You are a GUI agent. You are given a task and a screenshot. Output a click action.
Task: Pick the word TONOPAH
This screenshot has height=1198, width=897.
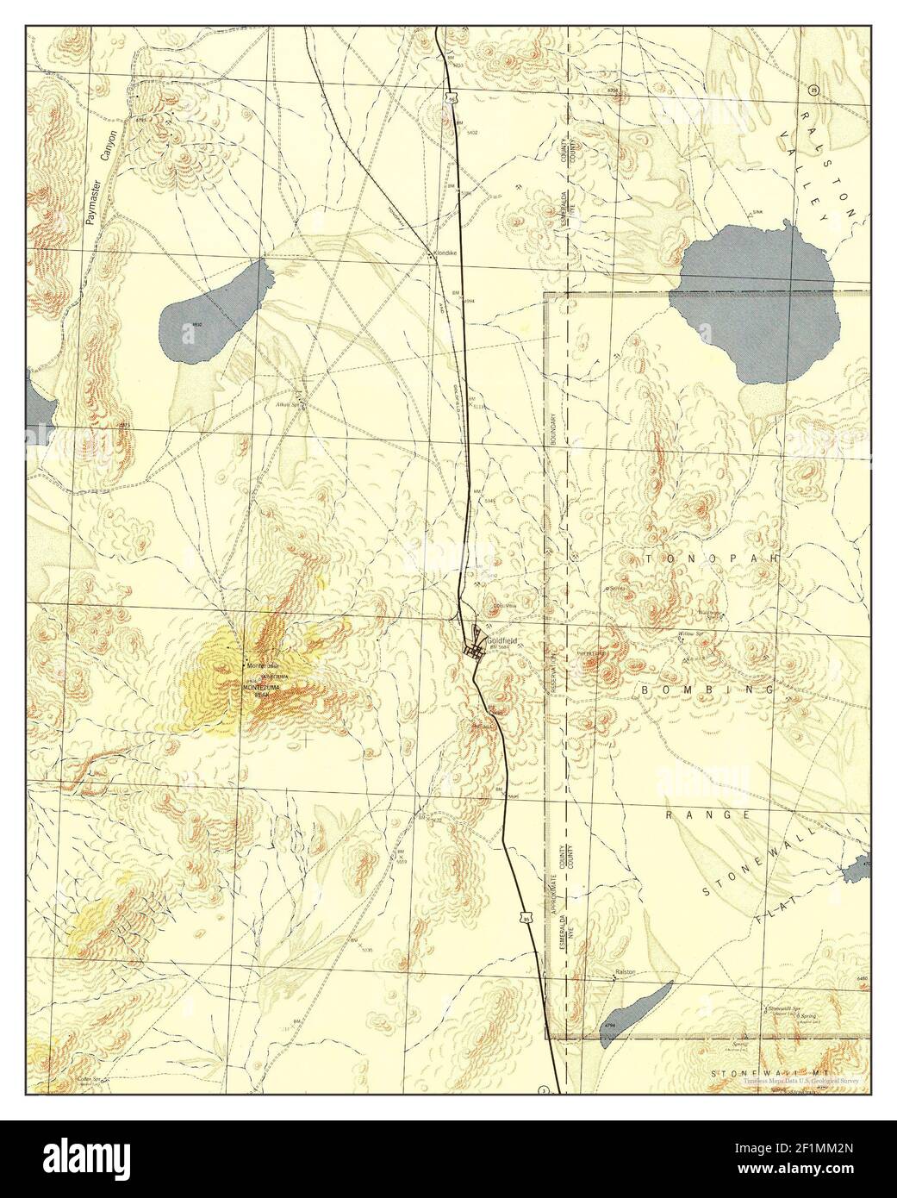click(x=712, y=559)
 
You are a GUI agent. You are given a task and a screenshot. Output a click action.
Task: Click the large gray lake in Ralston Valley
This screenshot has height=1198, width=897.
click(x=758, y=302)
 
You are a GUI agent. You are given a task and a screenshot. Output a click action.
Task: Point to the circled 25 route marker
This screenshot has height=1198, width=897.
click(x=813, y=90)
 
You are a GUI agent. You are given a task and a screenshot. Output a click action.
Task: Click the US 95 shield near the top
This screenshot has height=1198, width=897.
click(x=452, y=100)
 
